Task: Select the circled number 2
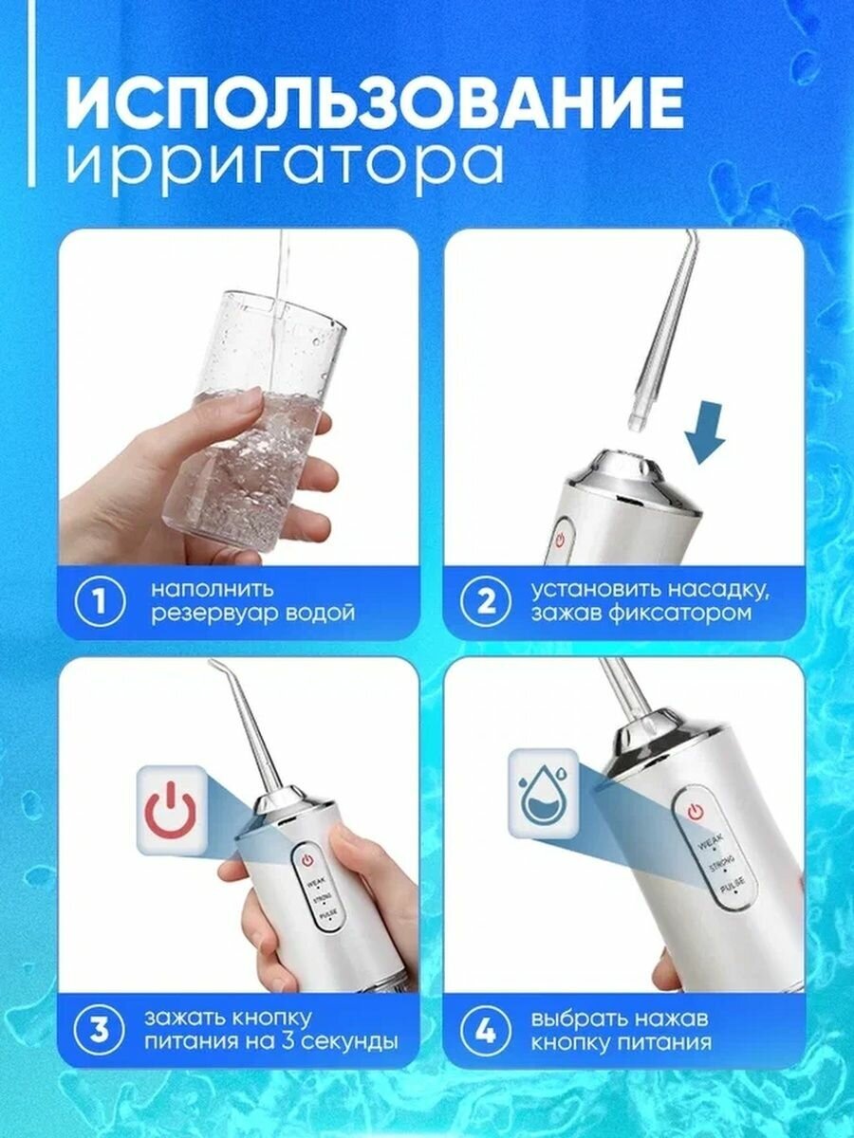coord(485,602)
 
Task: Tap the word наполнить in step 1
coord(212,590)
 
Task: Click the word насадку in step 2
coord(717,590)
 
